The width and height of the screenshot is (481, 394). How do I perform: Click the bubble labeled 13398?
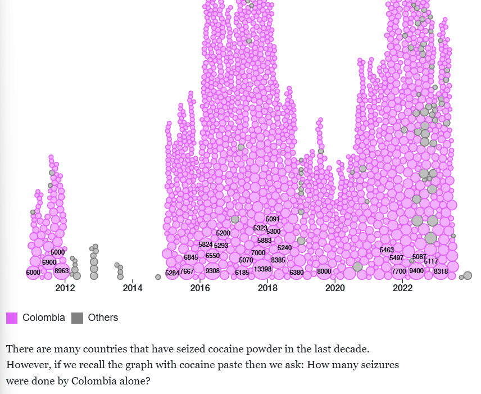coord(263,269)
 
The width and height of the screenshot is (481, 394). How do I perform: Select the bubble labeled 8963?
coord(62,271)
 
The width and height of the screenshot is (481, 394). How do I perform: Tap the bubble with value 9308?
coord(213,271)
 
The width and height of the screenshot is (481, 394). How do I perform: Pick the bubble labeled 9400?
coord(416,271)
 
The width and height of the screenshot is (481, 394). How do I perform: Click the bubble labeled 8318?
coord(441,271)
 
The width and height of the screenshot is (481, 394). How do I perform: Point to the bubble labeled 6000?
coord(34,273)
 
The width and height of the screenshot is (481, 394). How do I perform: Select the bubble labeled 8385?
coord(278,260)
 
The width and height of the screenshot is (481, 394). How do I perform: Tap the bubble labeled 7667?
coord(187,271)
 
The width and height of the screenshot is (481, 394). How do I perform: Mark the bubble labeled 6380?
coord(297,273)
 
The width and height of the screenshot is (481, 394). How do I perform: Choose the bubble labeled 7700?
coord(399,271)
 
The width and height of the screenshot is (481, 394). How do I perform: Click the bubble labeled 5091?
coord(273,219)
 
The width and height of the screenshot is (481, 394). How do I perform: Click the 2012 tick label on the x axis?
coord(65,288)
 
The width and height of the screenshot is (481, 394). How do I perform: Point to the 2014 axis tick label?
coord(133,288)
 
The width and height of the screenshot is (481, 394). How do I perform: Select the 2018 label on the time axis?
coord(267,288)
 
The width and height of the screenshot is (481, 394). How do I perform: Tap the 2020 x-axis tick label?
coord(335,288)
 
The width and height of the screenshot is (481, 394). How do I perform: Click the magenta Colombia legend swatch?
coord(12,318)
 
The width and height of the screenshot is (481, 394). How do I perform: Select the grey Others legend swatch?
coord(78,318)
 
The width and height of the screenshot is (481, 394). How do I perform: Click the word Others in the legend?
coord(103,318)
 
